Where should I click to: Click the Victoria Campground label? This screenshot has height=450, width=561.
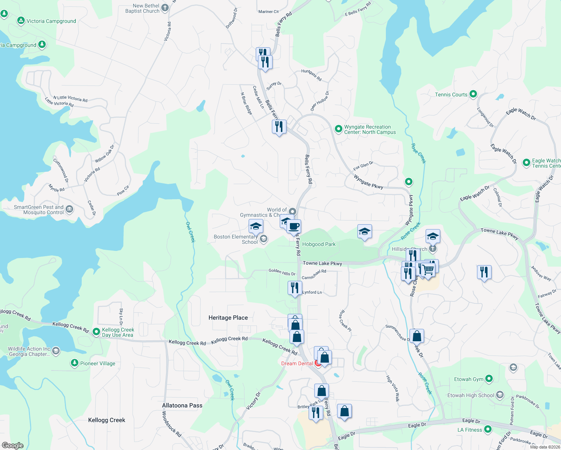[x=51, y=21]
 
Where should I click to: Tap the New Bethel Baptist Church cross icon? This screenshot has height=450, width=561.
[x=165, y=8]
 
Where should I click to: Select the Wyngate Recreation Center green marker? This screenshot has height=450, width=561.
[x=338, y=129]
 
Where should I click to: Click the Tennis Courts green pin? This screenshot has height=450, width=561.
[x=473, y=94]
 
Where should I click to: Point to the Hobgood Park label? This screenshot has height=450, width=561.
[x=319, y=244]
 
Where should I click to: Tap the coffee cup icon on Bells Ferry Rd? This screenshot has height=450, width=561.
[x=294, y=226]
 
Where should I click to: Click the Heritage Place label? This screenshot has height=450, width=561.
[x=228, y=318]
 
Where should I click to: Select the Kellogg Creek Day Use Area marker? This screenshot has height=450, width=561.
[x=96, y=332]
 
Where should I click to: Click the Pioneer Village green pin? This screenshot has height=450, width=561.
[x=75, y=363]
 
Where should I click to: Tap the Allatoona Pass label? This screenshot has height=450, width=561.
[x=182, y=405]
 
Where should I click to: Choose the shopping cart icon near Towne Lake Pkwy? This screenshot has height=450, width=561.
[x=428, y=269]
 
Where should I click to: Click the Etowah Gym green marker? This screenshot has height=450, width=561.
[x=489, y=379]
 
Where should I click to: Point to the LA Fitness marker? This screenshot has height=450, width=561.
[x=487, y=429]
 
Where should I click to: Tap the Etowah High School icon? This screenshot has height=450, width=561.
[x=499, y=395]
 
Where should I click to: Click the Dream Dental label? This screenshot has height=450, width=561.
[x=297, y=363]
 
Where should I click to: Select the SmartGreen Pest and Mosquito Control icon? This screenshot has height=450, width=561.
[x=69, y=209]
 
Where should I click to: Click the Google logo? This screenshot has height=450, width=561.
[x=13, y=445]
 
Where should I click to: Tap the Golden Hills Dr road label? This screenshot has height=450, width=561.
[x=282, y=272]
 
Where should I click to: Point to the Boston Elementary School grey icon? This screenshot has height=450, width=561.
[x=264, y=239]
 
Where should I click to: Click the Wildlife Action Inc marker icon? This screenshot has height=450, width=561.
[x=56, y=351]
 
